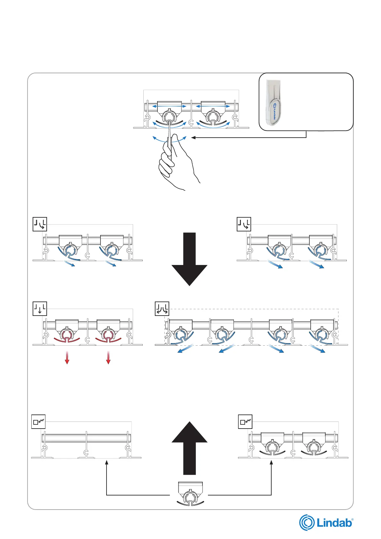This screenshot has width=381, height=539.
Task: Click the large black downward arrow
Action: (x=189, y=259)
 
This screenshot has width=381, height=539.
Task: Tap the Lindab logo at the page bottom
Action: (x=326, y=522)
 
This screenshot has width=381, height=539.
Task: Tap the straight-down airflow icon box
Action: (x=40, y=309)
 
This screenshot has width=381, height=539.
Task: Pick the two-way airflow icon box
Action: (x=162, y=309)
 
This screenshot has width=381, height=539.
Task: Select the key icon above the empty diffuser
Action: (x=38, y=422)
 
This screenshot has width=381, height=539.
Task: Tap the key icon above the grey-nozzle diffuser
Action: (x=245, y=422)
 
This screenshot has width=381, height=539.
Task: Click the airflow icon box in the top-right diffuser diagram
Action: (x=244, y=224)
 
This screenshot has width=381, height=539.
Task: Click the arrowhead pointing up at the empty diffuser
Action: (x=107, y=462)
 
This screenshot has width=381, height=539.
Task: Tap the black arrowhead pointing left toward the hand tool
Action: (x=193, y=138)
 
